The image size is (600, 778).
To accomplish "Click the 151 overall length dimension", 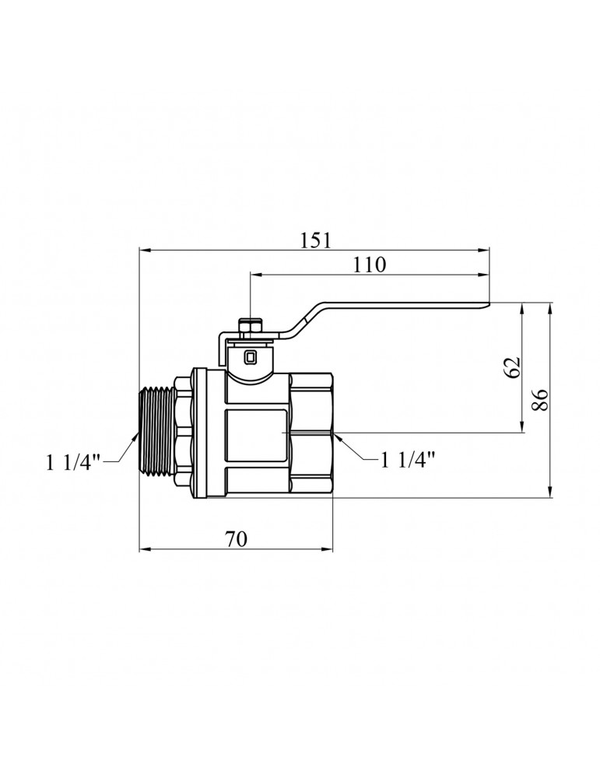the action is click(x=315, y=240).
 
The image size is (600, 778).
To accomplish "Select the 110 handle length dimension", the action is click(x=369, y=265).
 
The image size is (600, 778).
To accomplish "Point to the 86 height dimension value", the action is click(x=540, y=399).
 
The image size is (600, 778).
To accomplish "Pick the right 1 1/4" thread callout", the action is click(x=408, y=460).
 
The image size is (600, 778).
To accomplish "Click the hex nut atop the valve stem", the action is click(x=247, y=327).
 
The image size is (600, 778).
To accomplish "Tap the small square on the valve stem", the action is click(x=251, y=356).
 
